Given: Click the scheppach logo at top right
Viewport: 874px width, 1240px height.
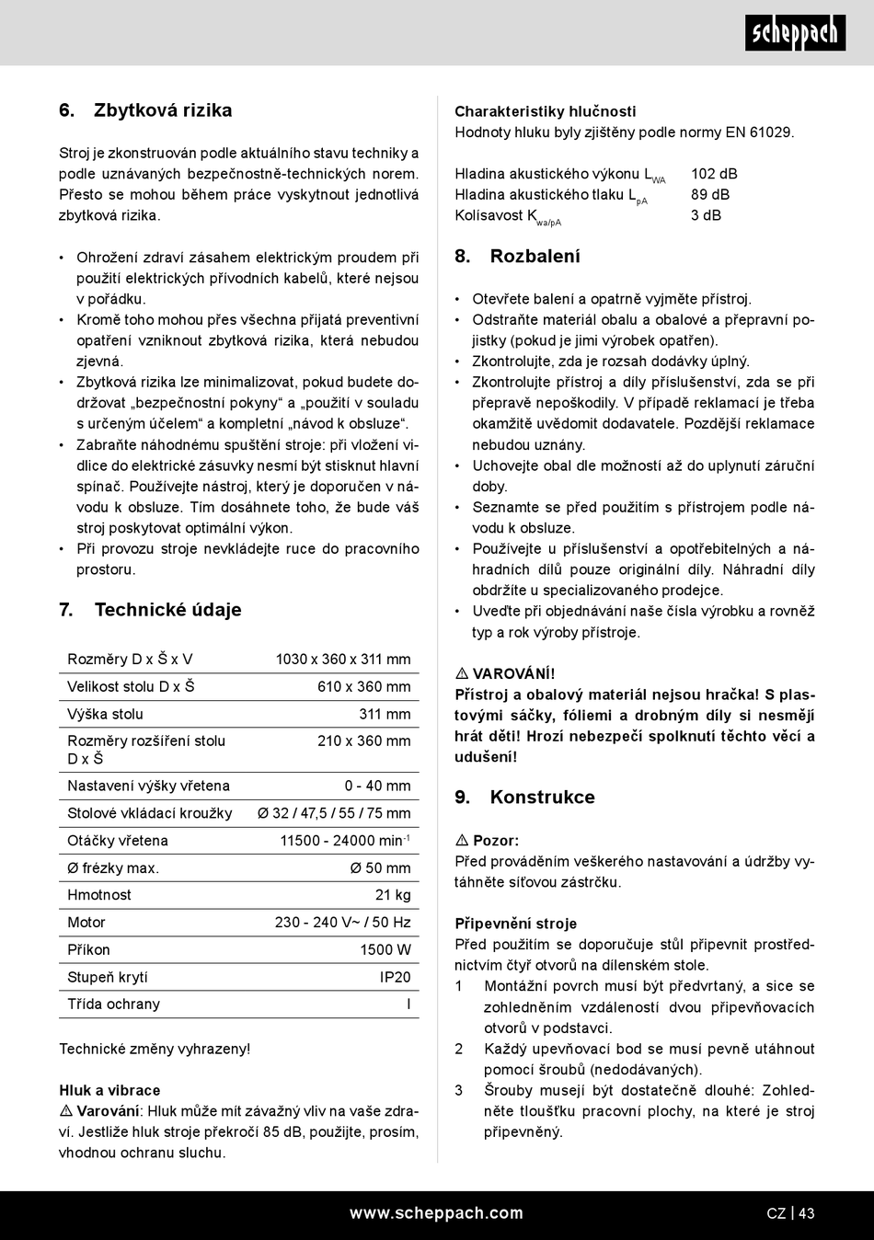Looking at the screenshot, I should click(795, 33).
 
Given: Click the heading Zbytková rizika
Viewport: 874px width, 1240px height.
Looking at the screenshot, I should click(163, 110).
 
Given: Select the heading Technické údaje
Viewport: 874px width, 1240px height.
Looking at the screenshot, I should click(167, 610).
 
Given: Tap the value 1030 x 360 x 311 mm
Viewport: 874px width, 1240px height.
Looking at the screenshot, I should click(343, 660).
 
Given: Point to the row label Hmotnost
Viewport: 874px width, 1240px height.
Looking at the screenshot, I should click(99, 895).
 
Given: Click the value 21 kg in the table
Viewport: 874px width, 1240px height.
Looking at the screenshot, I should click(393, 895).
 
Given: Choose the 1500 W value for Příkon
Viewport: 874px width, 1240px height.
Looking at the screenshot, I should click(385, 949).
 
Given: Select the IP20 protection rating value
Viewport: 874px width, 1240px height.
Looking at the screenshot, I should click(396, 977).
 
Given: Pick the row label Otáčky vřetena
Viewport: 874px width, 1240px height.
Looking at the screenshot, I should click(118, 841).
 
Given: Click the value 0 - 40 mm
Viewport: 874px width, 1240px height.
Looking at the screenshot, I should click(377, 786).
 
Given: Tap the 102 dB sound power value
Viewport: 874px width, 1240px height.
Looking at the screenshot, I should click(714, 174).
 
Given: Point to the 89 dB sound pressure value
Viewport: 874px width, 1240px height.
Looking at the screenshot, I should click(710, 194).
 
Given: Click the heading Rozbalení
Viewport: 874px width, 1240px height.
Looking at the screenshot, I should click(535, 257).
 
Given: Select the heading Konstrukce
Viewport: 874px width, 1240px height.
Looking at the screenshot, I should click(542, 798).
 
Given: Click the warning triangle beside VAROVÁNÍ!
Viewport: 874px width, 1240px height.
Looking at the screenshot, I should click(462, 674).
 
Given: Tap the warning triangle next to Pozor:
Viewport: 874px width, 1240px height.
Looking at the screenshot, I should click(462, 841).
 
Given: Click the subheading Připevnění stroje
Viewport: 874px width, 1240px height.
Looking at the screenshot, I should click(515, 924).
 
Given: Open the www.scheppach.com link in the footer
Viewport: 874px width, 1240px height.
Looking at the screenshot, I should click(436, 1213).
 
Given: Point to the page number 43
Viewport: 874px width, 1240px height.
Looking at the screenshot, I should click(806, 1213).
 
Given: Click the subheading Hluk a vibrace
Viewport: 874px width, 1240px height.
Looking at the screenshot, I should click(109, 1090).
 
